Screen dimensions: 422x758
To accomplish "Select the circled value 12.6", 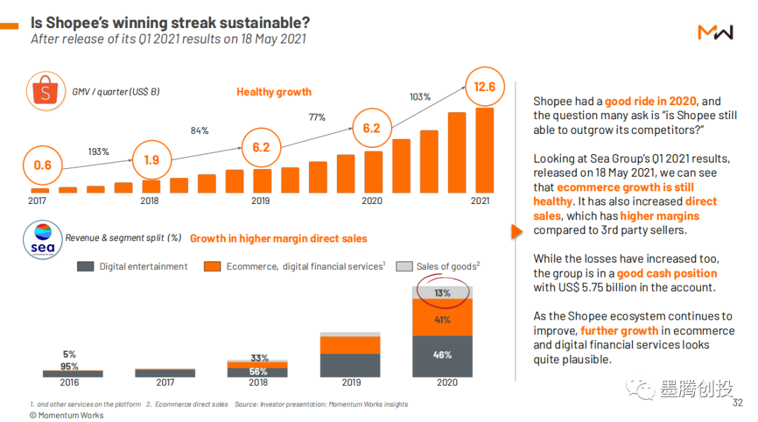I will point(484,87).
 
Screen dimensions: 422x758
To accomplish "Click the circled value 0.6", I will point(43,165).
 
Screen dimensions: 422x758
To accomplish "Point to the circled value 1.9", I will point(151,160).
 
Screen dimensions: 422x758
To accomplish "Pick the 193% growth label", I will point(98,151).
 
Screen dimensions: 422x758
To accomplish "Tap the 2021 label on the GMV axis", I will point(479,201).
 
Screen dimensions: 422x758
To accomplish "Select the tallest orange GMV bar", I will point(485,150).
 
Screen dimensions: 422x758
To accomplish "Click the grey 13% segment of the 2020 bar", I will point(442,293).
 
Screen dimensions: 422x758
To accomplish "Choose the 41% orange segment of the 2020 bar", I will point(442,320).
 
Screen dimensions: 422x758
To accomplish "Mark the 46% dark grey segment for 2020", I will point(442,355).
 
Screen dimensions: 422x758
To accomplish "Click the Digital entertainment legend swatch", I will point(85,266).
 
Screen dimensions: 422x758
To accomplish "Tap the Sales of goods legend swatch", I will point(404,266).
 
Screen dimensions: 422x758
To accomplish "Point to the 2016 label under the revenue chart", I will point(69,383).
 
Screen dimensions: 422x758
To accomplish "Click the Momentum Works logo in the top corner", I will point(715,32).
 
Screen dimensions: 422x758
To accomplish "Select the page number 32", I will point(737,403).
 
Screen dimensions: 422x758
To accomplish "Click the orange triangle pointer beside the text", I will point(517,232).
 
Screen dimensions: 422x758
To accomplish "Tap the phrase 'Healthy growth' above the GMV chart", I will point(274,92).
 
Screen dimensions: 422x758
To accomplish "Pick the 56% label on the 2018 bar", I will point(258,372).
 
